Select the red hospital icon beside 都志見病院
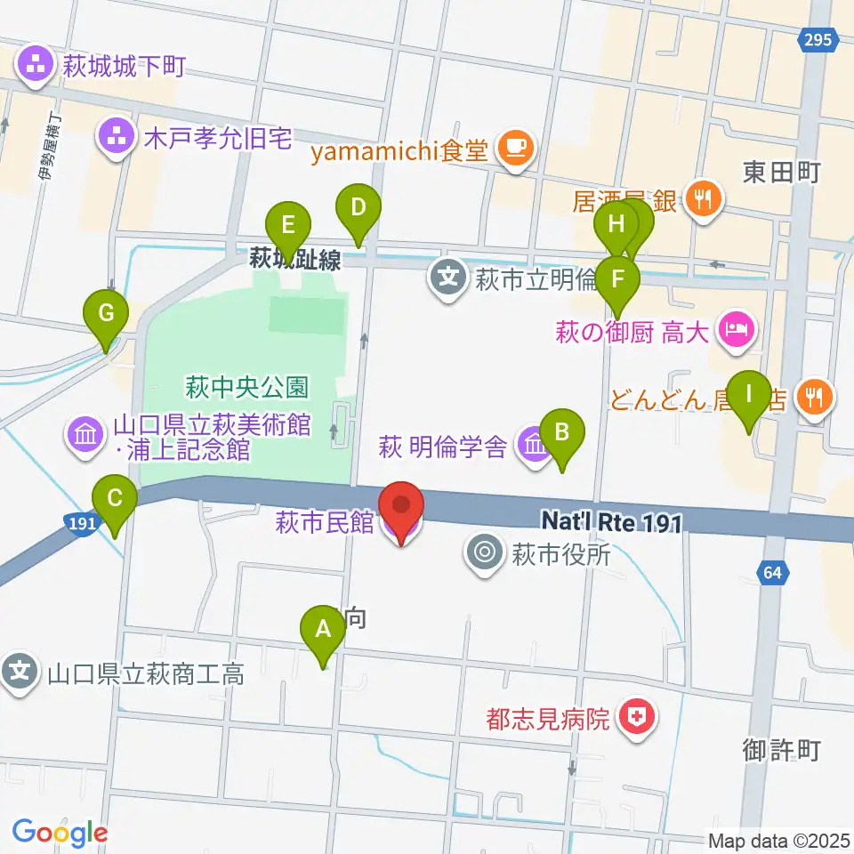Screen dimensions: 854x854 point(636,717)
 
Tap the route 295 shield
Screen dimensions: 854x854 point(821,40)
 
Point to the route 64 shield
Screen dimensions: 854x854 point(771,573)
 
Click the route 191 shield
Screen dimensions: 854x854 point(82,525)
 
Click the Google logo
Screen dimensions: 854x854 point(60,834)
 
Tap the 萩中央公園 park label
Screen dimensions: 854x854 point(246,387)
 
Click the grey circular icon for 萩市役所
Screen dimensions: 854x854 point(485,554)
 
